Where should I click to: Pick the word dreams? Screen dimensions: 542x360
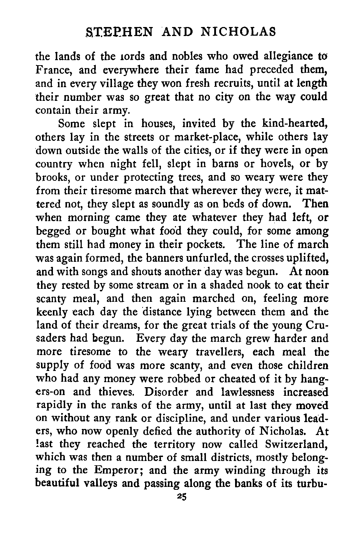click(x=118, y=326)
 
